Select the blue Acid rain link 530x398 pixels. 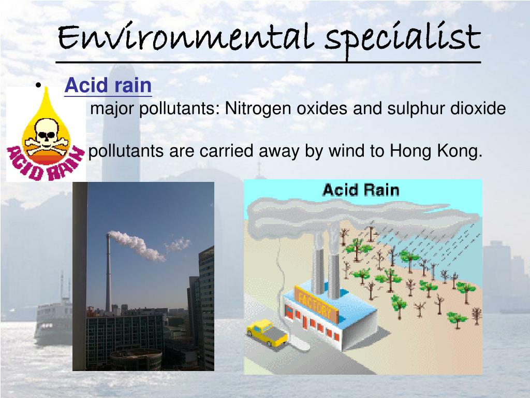click(x=108, y=86)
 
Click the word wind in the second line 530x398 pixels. click(x=346, y=152)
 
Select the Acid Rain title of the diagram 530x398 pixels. click(x=361, y=190)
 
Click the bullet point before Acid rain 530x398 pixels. click(x=39, y=86)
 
